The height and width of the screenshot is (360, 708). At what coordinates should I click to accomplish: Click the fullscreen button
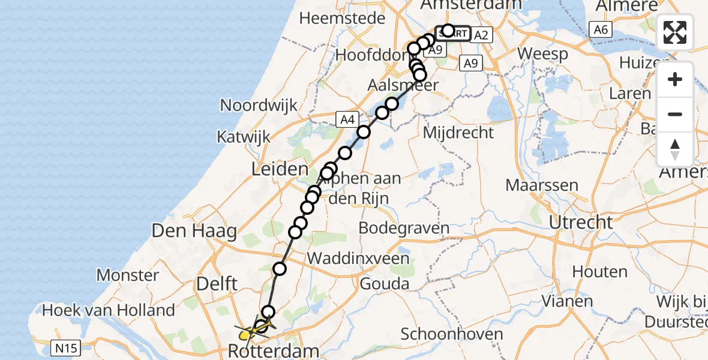click(x=675, y=32)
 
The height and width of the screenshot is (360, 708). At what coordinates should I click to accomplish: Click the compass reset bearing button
click(x=675, y=149)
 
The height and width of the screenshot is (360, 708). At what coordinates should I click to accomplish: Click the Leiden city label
click(x=280, y=169)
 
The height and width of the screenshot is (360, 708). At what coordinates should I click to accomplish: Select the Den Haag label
click(x=194, y=230)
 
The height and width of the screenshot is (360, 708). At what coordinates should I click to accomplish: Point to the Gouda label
click(x=385, y=284)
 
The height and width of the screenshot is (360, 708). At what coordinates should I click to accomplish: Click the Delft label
click(x=218, y=283)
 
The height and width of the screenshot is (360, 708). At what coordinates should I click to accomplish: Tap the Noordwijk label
click(x=259, y=106)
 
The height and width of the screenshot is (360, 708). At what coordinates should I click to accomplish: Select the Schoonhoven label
click(x=443, y=334)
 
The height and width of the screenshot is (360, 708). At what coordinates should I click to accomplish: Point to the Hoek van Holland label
click(x=109, y=311)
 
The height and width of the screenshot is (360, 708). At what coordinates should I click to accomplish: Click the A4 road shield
click(x=347, y=119)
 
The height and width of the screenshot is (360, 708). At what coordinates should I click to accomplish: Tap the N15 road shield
click(x=67, y=347)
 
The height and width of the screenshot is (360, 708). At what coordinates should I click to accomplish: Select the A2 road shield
click(x=481, y=35)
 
